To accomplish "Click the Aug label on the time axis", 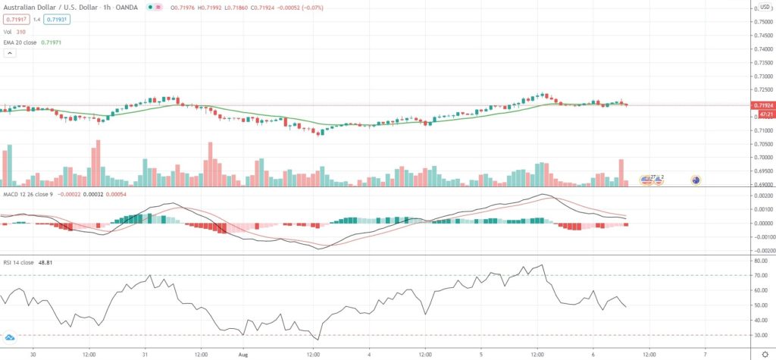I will coord(243,353).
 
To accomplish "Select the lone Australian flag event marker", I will coord(695,180).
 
